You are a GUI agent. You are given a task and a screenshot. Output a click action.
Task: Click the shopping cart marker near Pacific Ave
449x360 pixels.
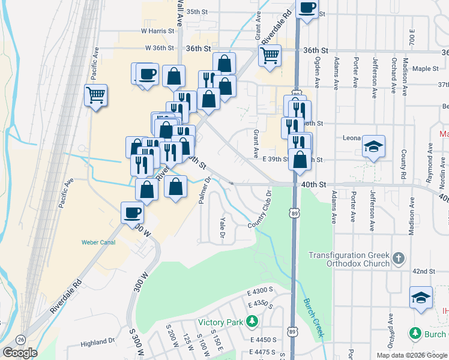[96, 95]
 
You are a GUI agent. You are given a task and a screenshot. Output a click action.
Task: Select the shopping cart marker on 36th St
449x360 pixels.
[270, 55]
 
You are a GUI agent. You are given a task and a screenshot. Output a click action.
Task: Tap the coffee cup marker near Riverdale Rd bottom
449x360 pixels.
[132, 212]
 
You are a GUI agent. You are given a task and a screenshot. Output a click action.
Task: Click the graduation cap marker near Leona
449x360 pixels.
[373, 146]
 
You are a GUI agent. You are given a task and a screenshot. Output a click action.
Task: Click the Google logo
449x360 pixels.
[20, 353]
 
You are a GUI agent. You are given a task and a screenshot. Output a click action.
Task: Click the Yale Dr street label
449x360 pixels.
[222, 225]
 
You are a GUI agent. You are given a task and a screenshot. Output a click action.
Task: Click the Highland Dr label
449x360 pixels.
[98, 342]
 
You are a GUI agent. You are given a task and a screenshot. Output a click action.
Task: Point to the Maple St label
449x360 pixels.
[426, 69]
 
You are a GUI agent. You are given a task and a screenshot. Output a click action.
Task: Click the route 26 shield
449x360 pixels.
[20, 340]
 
